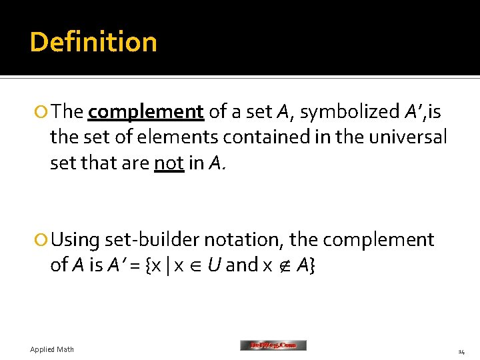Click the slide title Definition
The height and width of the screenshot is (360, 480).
pyautogui.click(x=93, y=42)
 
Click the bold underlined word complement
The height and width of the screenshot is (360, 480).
pyautogui.click(x=145, y=112)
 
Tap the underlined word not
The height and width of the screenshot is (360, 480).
pyautogui.click(x=169, y=163)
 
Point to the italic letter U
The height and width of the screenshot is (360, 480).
pyautogui.click(x=214, y=265)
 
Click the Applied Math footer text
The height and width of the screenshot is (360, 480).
pyautogui.click(x=52, y=349)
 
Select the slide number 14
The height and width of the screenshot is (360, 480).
pyautogui.click(x=461, y=351)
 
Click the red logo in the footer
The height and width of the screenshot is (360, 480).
pyautogui.click(x=273, y=345)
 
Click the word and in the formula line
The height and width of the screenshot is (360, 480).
pyautogui.click(x=242, y=265)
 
